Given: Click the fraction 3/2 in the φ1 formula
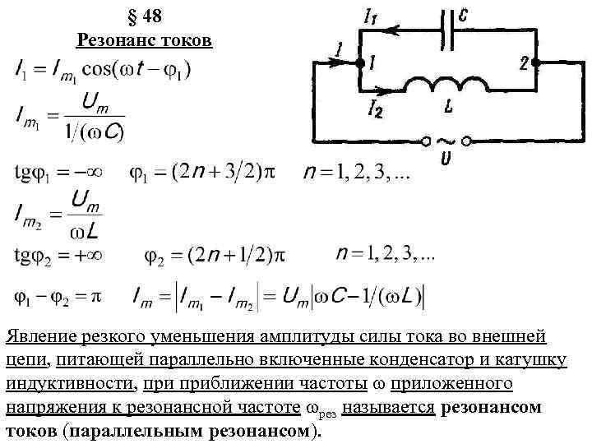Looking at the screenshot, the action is (x=238, y=174).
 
